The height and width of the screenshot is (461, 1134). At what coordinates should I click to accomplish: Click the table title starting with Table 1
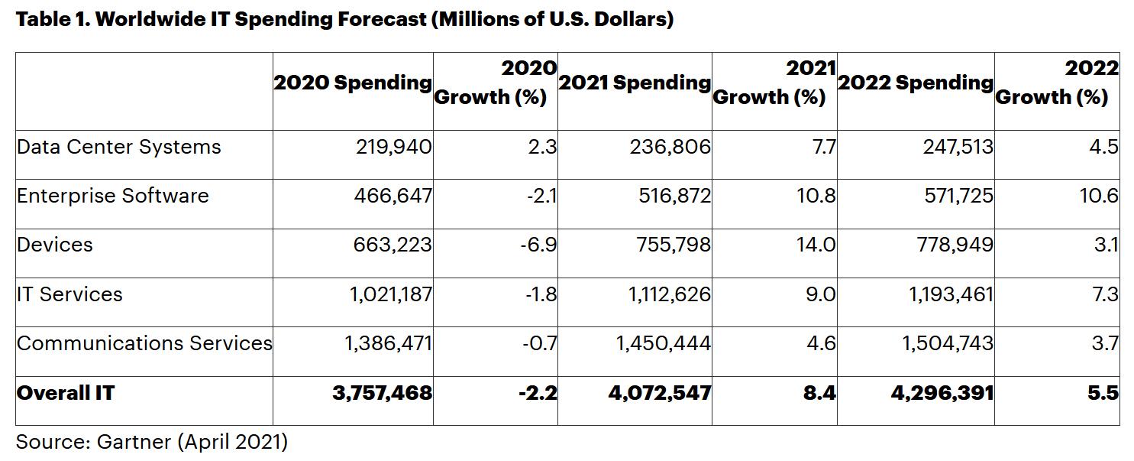(344, 20)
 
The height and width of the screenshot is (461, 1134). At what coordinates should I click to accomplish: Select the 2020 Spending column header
(353, 83)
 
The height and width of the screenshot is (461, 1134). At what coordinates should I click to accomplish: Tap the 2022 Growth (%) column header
(1057, 83)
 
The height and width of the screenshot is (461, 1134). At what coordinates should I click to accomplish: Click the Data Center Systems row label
(118, 147)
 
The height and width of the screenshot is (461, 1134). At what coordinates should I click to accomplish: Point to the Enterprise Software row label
(112, 196)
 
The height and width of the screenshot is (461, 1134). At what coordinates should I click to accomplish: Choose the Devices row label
(54, 245)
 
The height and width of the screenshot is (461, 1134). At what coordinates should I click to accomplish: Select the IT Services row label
(69, 294)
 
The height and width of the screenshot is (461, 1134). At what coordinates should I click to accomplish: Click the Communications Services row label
(144, 343)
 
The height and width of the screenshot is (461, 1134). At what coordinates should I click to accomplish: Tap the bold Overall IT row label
(66, 393)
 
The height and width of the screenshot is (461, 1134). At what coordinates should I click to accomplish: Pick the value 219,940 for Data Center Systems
(394, 147)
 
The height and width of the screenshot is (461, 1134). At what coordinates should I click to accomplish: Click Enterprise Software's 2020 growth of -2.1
(541, 196)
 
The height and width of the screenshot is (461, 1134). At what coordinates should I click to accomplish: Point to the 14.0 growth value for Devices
(816, 245)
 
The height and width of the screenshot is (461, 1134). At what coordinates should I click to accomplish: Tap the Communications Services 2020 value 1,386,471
(388, 343)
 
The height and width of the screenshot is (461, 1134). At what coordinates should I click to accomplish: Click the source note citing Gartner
(151, 442)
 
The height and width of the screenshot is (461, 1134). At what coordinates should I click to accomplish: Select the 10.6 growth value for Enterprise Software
(1100, 196)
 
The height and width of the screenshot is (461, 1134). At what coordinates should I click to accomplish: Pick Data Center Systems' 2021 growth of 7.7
(824, 147)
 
